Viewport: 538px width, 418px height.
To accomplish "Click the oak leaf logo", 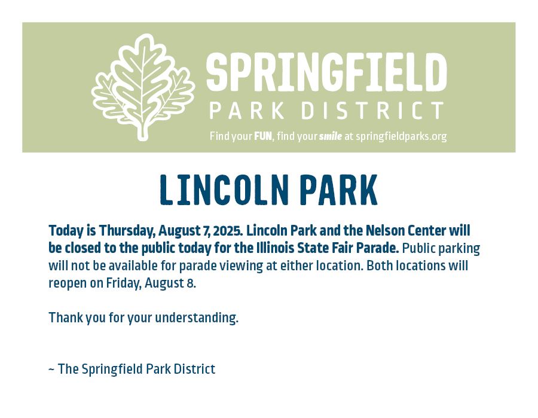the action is (143, 87).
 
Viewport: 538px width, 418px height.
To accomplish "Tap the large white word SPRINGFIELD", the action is (326, 72).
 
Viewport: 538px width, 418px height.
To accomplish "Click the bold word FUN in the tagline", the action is (263, 136).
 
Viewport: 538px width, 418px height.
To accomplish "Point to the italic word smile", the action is (331, 136).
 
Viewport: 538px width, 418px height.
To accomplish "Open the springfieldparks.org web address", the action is (402, 136).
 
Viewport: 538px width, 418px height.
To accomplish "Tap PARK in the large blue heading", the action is (339, 190).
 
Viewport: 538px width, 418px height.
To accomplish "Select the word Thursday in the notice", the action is (127, 231).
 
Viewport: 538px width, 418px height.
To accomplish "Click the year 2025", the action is (228, 231).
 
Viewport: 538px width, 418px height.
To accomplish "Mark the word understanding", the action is (197, 318).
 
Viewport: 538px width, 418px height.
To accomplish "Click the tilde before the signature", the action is (51, 370).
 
